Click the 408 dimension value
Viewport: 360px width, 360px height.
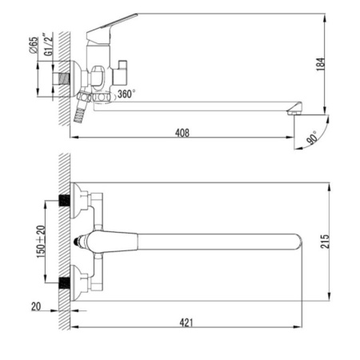(x=182, y=133)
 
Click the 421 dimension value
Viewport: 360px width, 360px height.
(x=186, y=322)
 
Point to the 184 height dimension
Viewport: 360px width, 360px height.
(x=321, y=64)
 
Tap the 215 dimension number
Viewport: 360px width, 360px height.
(x=325, y=242)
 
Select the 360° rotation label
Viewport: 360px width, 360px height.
(x=126, y=94)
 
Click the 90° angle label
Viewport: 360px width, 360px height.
(x=312, y=138)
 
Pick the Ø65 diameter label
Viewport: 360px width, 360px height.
(x=34, y=46)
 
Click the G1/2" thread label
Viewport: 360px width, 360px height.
(x=48, y=44)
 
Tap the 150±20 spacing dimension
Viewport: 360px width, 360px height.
(x=41, y=242)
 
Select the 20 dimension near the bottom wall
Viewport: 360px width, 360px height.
(x=36, y=306)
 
